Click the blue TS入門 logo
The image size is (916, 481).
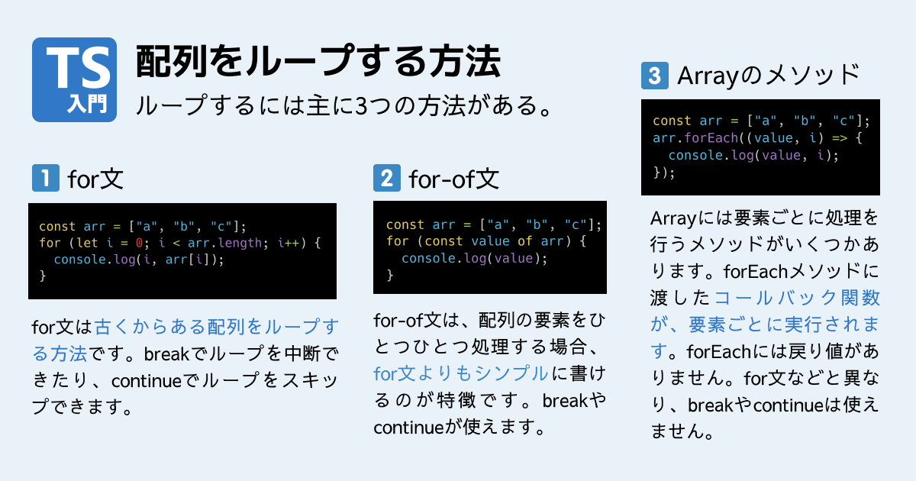pyautogui.click(x=74, y=79)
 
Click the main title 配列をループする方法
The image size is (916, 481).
pyautogui.click(x=318, y=62)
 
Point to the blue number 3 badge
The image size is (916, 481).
pyautogui.click(x=655, y=76)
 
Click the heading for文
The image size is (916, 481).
pyautogui.click(x=95, y=179)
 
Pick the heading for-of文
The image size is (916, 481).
pyautogui.click(x=453, y=179)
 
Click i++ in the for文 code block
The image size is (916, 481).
pyautogui.click(x=290, y=243)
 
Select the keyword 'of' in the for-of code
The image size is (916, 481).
pyautogui.click(x=525, y=241)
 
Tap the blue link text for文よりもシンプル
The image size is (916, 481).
pyautogui.click(x=460, y=373)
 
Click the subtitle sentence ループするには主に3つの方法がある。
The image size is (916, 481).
pyautogui.click(x=343, y=105)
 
